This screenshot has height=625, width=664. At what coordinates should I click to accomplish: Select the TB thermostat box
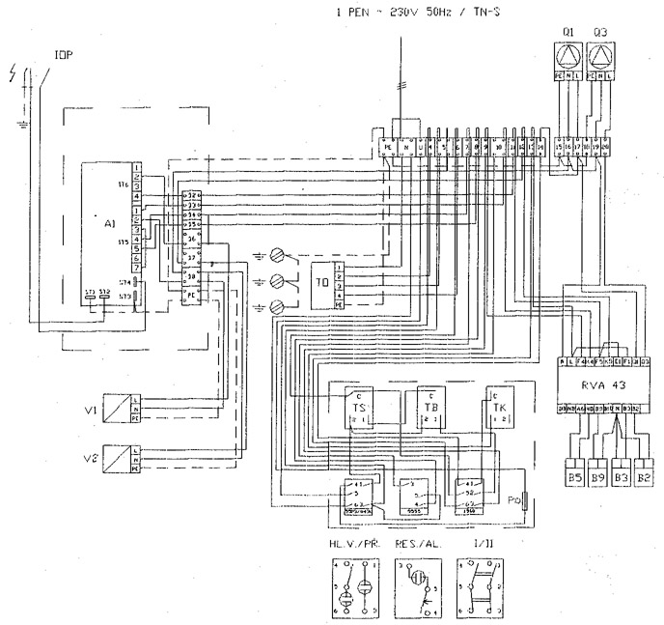point(430,406)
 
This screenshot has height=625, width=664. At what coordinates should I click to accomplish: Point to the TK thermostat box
point(499,406)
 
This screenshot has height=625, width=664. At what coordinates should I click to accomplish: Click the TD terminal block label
point(321,284)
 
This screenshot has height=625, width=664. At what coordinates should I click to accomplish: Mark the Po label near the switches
point(513,499)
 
